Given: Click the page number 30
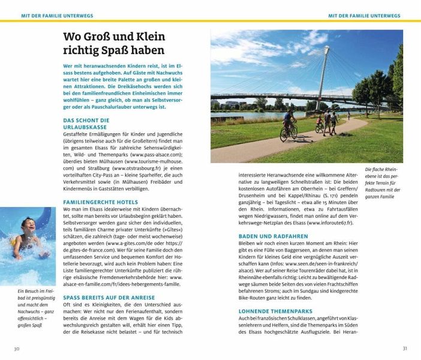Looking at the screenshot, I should (17, 348).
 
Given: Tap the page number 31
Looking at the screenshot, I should (405, 348).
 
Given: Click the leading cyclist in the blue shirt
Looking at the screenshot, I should (289, 124).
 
